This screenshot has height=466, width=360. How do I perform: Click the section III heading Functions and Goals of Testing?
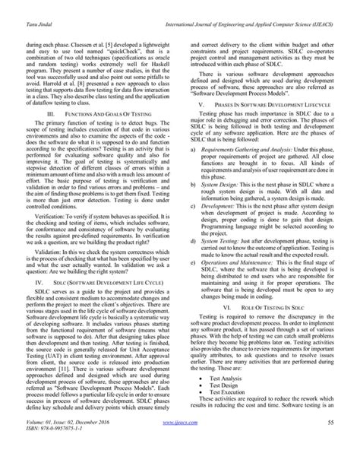(95, 91)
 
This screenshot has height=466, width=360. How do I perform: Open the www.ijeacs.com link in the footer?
(181, 442)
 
